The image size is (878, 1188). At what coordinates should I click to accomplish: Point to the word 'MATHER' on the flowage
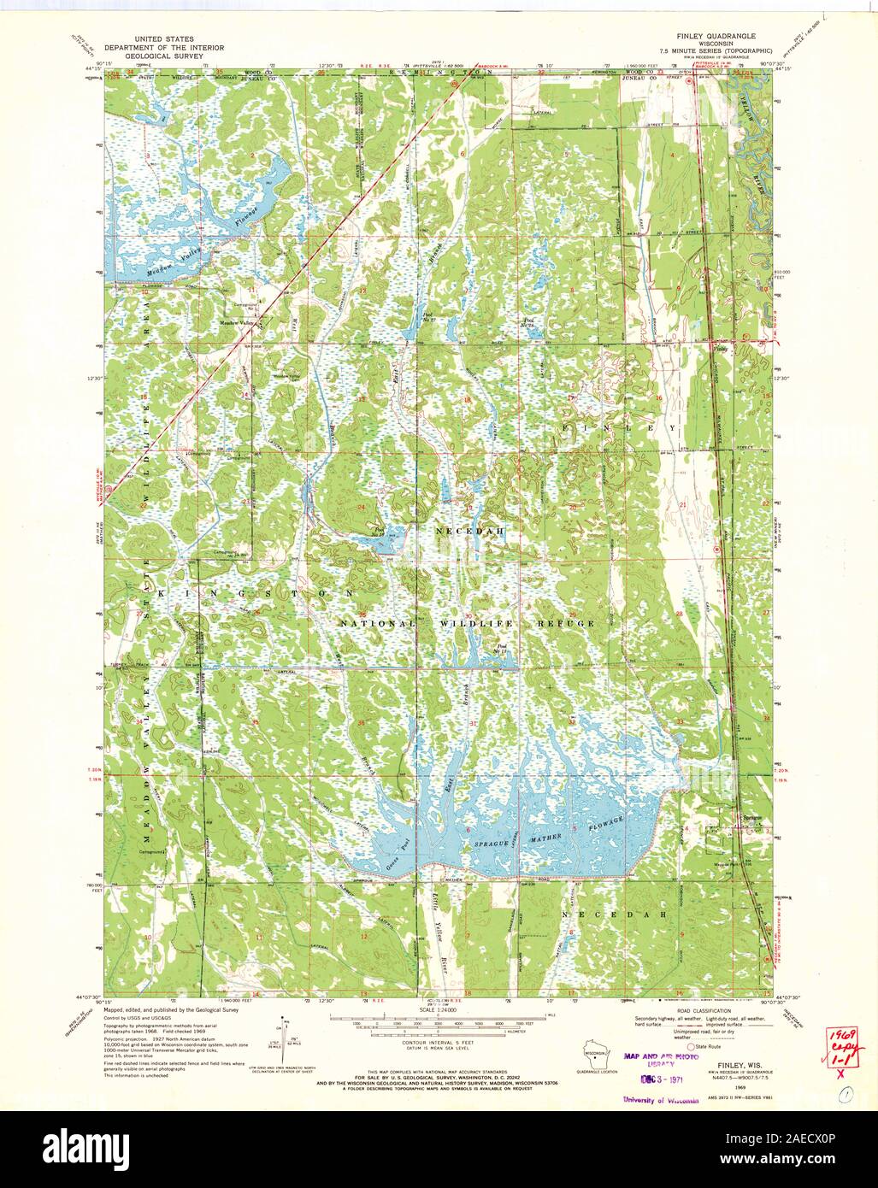tap(549, 837)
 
